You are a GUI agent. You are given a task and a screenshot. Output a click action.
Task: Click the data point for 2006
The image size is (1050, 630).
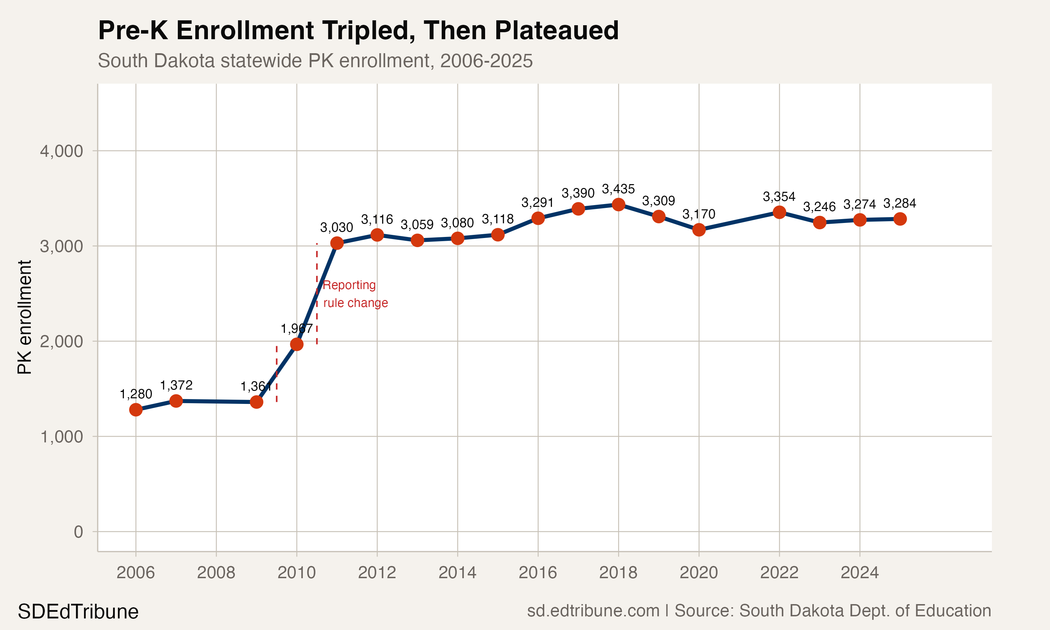[136, 409]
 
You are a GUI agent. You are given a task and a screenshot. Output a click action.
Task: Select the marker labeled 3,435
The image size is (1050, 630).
[618, 205]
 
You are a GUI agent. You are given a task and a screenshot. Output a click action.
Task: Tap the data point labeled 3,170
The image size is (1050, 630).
[699, 230]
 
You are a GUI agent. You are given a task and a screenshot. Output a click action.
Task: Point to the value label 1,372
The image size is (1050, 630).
[176, 385]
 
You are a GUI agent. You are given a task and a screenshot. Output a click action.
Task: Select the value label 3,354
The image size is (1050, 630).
[779, 197]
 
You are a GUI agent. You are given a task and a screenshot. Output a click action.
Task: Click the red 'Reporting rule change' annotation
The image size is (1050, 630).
[355, 294]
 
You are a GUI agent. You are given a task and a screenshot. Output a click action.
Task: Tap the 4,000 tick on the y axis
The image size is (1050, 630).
[62, 151]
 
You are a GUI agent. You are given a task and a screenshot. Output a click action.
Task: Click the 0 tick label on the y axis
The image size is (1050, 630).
[78, 532]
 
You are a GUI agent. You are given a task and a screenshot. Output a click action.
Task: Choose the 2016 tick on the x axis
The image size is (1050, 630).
[538, 573]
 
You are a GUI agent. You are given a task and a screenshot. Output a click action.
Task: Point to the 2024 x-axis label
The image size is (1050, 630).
[860, 573]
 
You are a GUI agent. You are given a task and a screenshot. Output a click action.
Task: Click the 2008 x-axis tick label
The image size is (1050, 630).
[216, 573]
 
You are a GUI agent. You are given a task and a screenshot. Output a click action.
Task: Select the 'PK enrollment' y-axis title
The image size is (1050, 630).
[24, 317]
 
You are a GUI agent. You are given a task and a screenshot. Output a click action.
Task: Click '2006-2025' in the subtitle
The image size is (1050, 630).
[486, 61]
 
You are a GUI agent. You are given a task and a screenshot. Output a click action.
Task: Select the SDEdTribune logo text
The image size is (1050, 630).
[78, 612]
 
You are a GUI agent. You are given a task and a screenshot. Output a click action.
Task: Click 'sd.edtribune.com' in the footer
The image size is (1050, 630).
[593, 611]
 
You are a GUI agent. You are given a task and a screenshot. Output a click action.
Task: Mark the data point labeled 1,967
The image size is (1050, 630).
[297, 344]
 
